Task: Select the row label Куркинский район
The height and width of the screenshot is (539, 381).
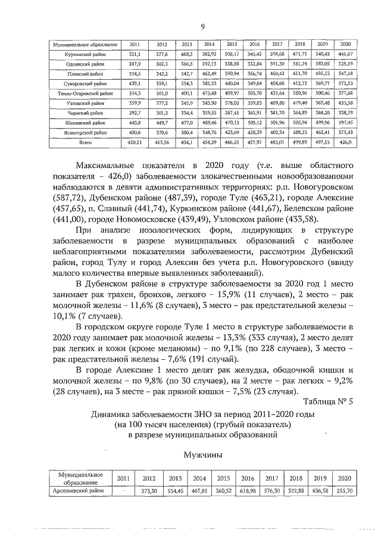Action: tap(82, 54)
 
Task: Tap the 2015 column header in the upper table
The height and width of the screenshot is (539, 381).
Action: tap(232, 45)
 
